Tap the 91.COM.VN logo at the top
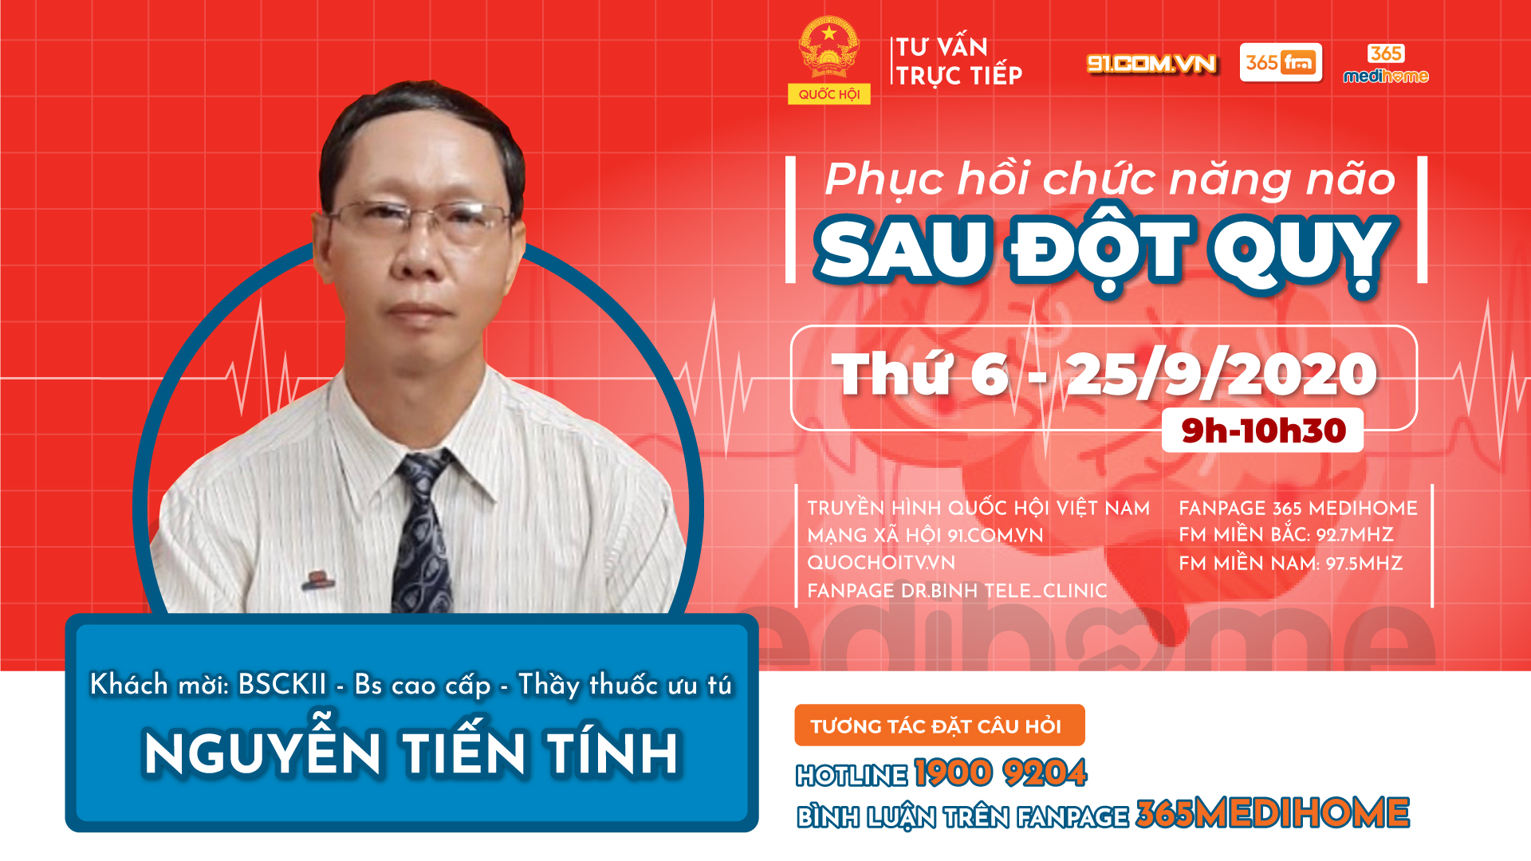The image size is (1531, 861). [1151, 64]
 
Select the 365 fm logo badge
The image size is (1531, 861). [1281, 62]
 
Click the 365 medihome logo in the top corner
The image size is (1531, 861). [1386, 65]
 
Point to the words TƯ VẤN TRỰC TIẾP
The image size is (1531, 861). [958, 61]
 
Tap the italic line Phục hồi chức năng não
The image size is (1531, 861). [1110, 179]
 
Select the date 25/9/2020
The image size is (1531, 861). [1222, 374]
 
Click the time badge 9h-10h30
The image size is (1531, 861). [1263, 431]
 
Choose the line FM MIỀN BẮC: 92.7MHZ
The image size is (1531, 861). [1286, 535]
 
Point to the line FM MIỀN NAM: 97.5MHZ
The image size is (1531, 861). [1290, 564]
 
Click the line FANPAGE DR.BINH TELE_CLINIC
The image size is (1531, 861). [957, 591]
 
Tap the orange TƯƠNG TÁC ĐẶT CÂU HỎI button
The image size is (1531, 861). [939, 725]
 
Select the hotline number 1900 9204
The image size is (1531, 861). [1000, 773]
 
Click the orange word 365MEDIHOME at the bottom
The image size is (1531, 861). [1273, 814]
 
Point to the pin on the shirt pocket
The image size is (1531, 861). [317, 580]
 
